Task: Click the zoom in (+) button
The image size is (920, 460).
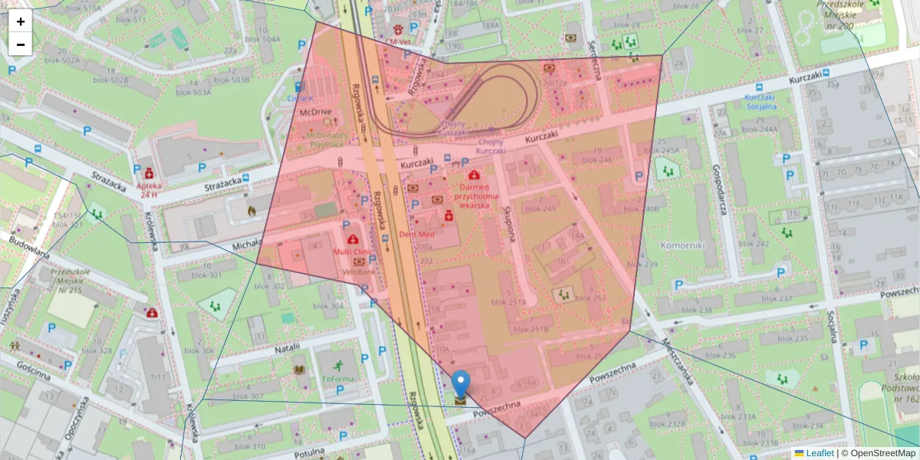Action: [x=21, y=21]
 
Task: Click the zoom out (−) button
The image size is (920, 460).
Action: [x=21, y=44]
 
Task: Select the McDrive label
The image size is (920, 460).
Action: [x=315, y=112]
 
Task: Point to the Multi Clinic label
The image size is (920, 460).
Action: [x=353, y=251]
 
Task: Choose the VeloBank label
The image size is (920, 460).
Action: [x=359, y=271]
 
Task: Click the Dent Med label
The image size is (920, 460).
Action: [x=417, y=234]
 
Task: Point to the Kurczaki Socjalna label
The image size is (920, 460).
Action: [x=761, y=102]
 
